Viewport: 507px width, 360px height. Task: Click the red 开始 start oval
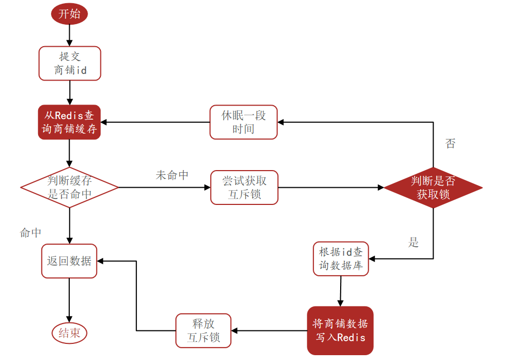(x=69, y=14)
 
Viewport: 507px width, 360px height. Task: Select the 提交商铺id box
(x=70, y=63)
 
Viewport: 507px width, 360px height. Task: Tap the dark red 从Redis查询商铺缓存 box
(x=69, y=122)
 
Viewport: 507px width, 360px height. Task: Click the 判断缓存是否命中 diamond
(x=69, y=187)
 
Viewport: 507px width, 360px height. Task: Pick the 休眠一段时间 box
(x=243, y=122)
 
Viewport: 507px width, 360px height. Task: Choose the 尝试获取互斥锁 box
(x=244, y=187)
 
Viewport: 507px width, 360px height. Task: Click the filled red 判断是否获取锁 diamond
(x=433, y=187)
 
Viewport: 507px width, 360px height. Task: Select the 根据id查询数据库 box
(x=341, y=259)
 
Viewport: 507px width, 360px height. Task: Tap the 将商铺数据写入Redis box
(x=340, y=330)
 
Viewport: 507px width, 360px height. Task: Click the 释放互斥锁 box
(x=203, y=330)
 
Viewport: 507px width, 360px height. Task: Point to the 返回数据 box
(x=69, y=261)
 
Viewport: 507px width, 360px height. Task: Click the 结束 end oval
(x=69, y=333)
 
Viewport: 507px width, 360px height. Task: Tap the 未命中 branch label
(x=172, y=175)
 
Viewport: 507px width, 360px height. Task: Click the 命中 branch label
(x=31, y=233)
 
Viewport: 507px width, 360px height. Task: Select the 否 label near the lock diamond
(x=451, y=144)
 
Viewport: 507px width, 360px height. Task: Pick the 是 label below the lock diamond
(x=413, y=243)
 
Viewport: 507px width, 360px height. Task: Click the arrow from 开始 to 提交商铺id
(x=69, y=35)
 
